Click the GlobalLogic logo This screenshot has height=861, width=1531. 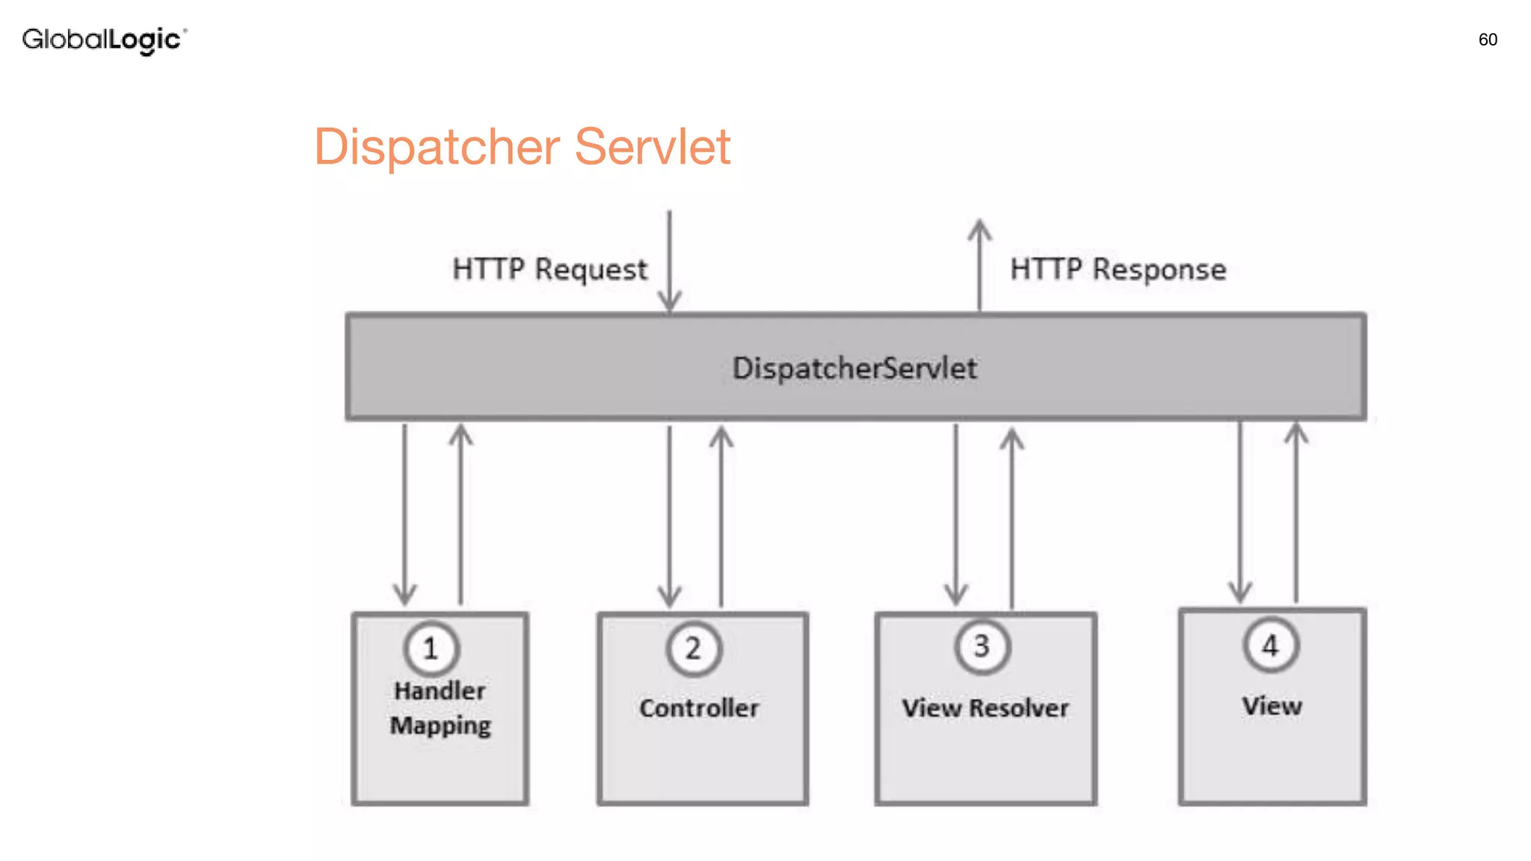pos(104,40)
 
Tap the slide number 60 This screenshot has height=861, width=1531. pos(1487,40)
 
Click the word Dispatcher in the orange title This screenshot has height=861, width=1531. pos(437,147)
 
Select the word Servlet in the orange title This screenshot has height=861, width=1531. pos(652,147)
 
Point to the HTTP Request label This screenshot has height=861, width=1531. pos(549,270)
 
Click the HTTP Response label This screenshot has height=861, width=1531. pos(1118,270)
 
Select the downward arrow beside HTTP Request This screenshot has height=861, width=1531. pos(669,262)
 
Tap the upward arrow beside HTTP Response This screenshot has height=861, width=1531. pos(979,265)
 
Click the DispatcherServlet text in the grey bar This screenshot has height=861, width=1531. pos(854,368)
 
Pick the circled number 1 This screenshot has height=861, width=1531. pos(431,648)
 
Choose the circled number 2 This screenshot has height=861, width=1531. pos(694,648)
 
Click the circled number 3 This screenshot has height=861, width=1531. pos(982,646)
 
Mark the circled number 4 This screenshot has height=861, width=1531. pos(1270,645)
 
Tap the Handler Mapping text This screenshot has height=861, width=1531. pos(440,708)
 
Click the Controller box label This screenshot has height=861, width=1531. pos(699,708)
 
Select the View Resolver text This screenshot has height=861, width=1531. pos(985,708)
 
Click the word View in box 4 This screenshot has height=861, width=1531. pos(1272,706)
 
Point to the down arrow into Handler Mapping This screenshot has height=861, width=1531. pos(404,516)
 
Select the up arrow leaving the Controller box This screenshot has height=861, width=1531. pos(721,516)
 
